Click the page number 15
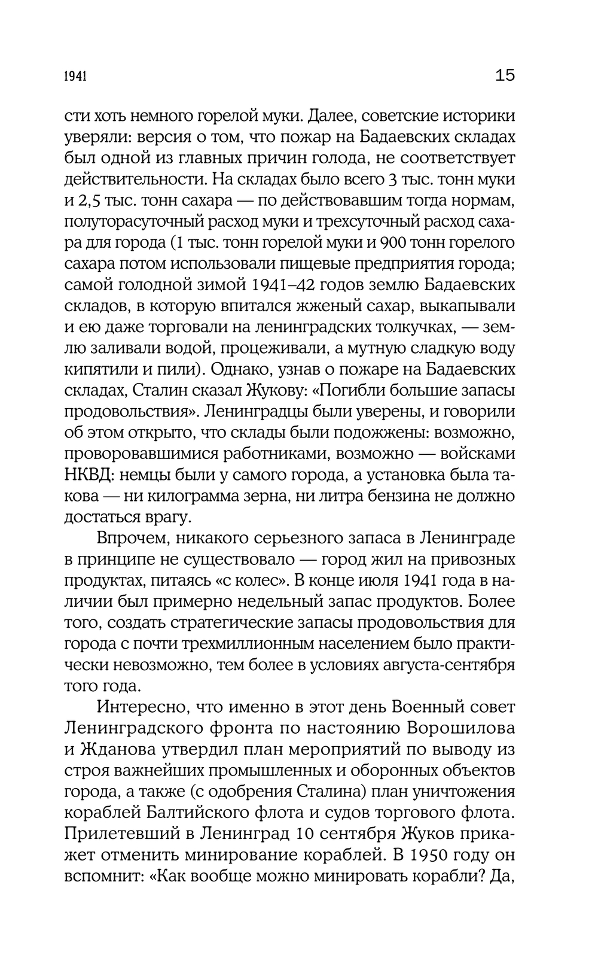pyautogui.click(x=505, y=75)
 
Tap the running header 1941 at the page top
pyautogui.click(x=76, y=77)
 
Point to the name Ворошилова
pyautogui.click(x=450, y=728)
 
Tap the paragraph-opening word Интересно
pyautogui.click(x=140, y=707)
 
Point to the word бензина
pyautogui.click(x=380, y=496)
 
